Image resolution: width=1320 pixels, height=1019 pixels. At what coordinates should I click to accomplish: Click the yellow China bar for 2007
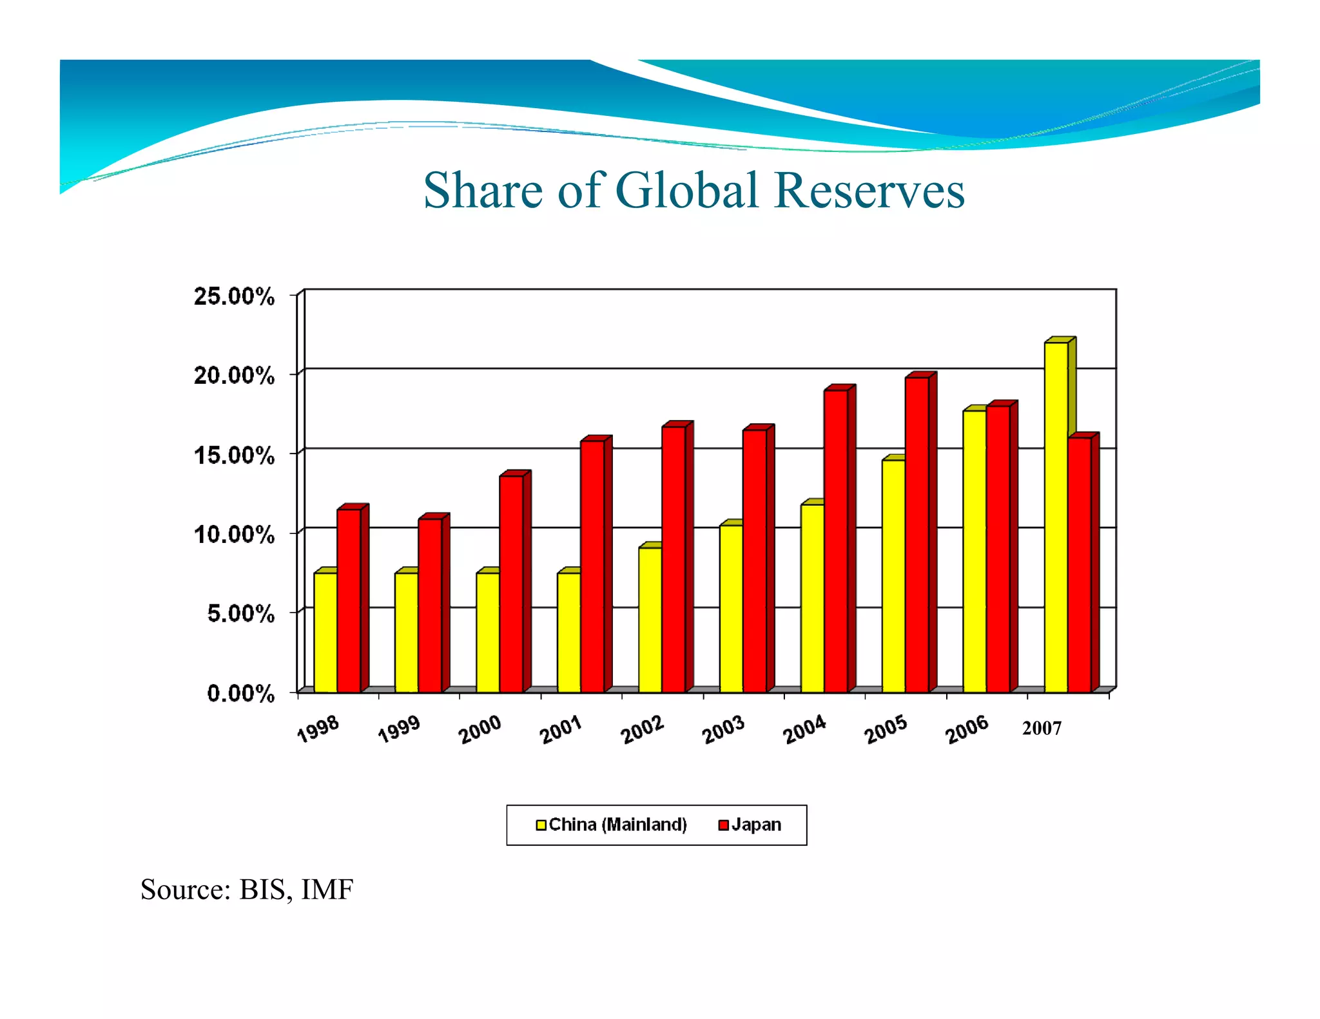[1056, 515]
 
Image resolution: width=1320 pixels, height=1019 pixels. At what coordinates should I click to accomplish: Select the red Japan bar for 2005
[917, 535]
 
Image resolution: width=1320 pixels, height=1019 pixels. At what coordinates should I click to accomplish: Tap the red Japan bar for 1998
[349, 599]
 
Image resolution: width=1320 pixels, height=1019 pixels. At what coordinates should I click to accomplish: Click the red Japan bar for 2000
[511, 583]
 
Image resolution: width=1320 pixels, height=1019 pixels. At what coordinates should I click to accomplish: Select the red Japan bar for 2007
[1080, 564]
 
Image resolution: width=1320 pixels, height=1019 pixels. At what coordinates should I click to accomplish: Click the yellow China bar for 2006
[975, 551]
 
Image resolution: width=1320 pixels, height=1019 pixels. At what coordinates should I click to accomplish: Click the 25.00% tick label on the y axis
[234, 296]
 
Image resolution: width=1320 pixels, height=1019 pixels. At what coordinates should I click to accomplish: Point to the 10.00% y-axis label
[234, 534]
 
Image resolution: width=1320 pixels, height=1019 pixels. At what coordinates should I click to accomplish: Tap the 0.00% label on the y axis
[240, 693]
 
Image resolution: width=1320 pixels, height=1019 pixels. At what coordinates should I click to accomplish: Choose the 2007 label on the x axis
[1042, 729]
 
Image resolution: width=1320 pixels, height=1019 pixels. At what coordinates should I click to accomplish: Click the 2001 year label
[561, 730]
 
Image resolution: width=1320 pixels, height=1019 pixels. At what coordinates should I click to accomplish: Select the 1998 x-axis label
[318, 729]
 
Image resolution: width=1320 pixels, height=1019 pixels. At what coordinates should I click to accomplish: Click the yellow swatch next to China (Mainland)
[541, 825]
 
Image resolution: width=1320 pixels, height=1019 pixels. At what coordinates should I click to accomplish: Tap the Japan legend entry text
[756, 825]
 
